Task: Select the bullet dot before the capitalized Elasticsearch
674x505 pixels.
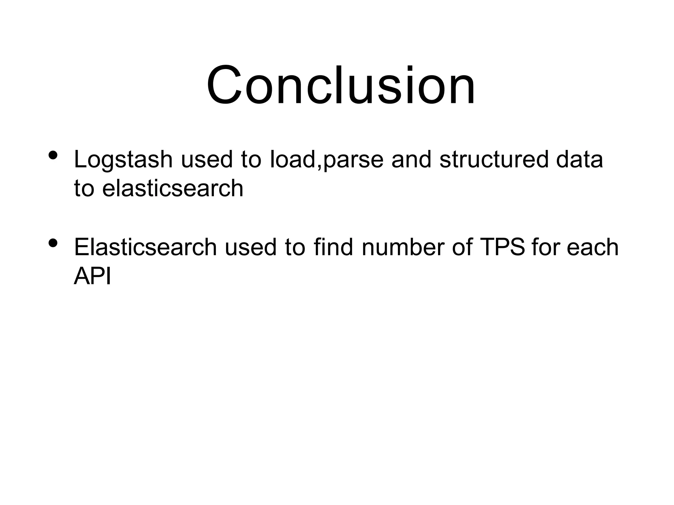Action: click(x=53, y=243)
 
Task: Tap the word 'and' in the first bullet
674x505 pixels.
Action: click(x=411, y=159)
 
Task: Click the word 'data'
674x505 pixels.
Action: click(x=580, y=159)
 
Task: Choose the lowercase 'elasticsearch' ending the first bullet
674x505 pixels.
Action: click(x=173, y=189)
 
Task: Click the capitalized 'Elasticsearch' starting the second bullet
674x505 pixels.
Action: click(x=145, y=247)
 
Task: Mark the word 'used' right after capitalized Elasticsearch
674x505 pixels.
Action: click(x=251, y=247)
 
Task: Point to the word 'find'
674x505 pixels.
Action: click(x=333, y=247)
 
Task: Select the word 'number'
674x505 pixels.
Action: click(x=403, y=247)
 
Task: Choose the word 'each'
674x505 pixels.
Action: click(x=592, y=247)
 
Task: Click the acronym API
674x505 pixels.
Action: click(x=92, y=276)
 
